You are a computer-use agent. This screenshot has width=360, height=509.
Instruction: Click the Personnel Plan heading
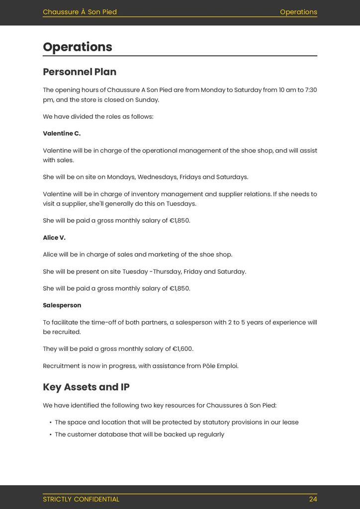[x=80, y=72]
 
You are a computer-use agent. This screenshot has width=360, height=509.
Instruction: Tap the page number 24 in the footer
[x=313, y=499]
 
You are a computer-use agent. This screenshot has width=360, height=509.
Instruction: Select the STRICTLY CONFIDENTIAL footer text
[x=81, y=499]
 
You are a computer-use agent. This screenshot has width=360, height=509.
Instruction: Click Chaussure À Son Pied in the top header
[x=80, y=12]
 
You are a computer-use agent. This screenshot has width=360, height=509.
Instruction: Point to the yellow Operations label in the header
[x=298, y=12]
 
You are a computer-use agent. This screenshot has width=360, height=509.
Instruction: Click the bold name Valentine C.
[x=62, y=134]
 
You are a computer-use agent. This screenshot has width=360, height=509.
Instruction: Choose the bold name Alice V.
[x=54, y=238]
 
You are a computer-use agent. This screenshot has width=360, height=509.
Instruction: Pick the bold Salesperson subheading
[x=62, y=305]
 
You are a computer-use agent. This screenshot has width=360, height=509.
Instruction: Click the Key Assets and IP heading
[x=86, y=387]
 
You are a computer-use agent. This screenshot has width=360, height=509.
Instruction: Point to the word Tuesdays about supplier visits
[x=180, y=204]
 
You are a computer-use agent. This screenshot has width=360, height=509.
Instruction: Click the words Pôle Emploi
[x=220, y=366]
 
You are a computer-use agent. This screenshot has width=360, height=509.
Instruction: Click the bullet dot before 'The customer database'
[x=51, y=435]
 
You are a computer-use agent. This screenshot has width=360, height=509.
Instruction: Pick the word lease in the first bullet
[x=290, y=423]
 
